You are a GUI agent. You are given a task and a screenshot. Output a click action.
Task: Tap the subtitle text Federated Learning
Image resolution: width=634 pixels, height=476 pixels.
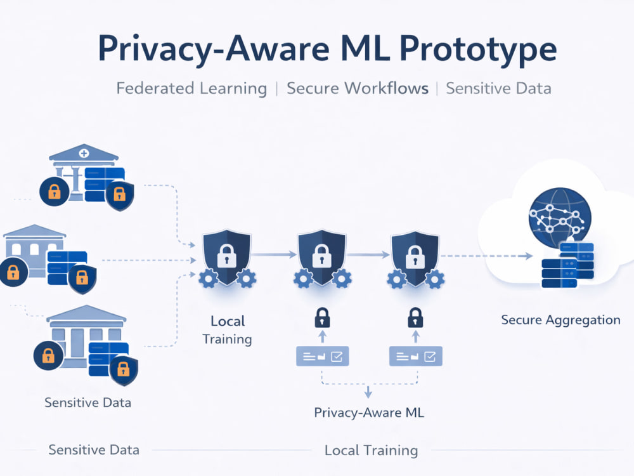point(191,89)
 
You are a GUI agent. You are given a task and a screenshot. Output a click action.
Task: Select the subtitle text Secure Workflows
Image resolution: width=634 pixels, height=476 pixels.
point(358,88)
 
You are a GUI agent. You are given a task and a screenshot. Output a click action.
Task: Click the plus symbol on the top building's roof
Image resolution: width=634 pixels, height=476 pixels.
point(84,154)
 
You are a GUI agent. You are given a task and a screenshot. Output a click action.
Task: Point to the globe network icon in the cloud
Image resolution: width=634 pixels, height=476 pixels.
point(560,217)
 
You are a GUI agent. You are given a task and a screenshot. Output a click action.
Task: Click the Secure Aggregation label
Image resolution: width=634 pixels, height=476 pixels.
point(560,320)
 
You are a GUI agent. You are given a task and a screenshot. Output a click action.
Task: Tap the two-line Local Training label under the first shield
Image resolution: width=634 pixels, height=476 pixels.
point(227,330)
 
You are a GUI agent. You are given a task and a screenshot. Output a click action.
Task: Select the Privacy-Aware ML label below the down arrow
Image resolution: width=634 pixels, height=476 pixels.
point(369,413)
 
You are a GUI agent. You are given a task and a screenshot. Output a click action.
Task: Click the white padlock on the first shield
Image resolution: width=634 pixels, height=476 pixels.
point(226,256)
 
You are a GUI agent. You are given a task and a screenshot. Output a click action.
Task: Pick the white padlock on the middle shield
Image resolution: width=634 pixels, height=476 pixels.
point(321,256)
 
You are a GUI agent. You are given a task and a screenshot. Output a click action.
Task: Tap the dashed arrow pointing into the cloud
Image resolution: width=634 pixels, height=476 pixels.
point(486,256)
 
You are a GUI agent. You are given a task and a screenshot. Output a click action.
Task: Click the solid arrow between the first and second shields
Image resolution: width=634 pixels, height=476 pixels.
point(274,255)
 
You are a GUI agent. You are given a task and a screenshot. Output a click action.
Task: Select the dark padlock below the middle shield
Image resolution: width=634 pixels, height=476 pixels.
point(322,318)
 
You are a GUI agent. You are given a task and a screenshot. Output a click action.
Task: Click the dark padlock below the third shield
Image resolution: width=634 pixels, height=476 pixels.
point(415,318)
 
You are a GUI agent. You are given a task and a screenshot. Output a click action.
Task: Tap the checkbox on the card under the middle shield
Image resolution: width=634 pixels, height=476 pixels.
point(337,356)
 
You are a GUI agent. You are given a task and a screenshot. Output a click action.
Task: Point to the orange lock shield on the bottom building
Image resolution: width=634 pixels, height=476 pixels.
point(124,370)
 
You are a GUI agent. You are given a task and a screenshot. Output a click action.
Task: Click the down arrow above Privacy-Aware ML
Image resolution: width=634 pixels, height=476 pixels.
point(368,392)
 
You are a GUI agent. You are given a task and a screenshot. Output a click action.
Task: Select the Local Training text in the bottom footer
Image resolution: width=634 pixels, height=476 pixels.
point(371,451)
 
